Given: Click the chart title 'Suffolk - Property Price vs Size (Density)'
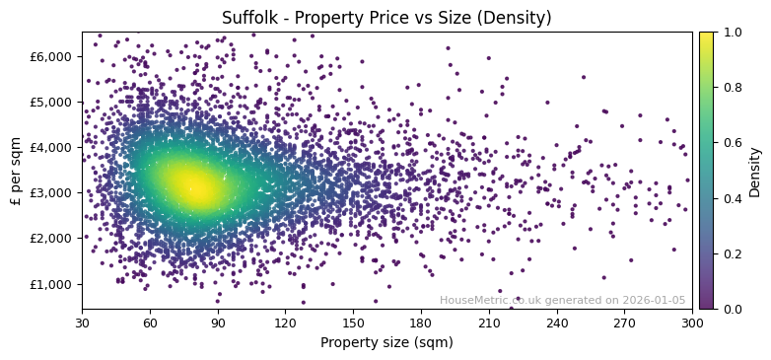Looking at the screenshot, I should (x=386, y=18).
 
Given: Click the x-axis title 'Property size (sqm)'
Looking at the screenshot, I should (x=386, y=342).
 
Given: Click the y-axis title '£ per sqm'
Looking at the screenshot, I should (x=16, y=171).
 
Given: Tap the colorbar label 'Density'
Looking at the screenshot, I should (x=755, y=171).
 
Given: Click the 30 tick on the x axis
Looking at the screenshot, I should (x=82, y=322).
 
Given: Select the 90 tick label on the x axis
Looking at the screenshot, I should (x=218, y=322).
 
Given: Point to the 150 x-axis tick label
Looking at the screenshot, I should (x=353, y=322).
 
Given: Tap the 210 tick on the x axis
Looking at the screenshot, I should (x=489, y=322).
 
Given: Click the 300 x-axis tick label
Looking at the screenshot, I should (x=692, y=322).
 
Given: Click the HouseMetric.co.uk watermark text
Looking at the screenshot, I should (x=562, y=301).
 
